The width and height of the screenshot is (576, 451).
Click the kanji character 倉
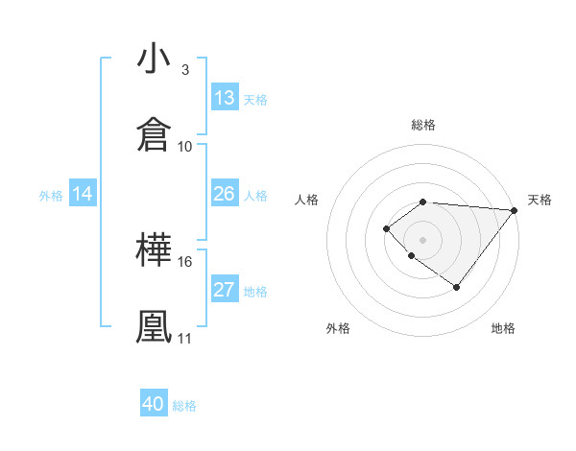click(154, 135)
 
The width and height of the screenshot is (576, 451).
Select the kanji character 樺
click(154, 250)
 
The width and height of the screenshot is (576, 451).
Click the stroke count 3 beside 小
click(185, 70)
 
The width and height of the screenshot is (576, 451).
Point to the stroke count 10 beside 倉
click(185, 146)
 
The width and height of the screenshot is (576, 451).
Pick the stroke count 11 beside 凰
click(185, 338)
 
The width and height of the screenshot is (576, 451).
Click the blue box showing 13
click(225, 98)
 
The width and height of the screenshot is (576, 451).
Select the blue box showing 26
click(225, 194)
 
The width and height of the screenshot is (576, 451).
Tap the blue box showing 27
click(225, 290)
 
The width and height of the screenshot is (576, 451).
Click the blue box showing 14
click(83, 194)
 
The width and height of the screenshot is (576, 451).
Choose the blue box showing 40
click(154, 404)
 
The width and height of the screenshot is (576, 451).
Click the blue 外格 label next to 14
click(51, 196)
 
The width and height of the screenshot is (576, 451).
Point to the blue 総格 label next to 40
click(185, 406)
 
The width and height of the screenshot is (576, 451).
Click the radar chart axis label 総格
click(423, 125)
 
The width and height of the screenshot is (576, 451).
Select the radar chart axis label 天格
click(540, 200)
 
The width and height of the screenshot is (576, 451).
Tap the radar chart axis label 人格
click(307, 200)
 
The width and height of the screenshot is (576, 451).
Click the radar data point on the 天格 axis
click(515, 210)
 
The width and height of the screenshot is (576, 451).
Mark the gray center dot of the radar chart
click(423, 240)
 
